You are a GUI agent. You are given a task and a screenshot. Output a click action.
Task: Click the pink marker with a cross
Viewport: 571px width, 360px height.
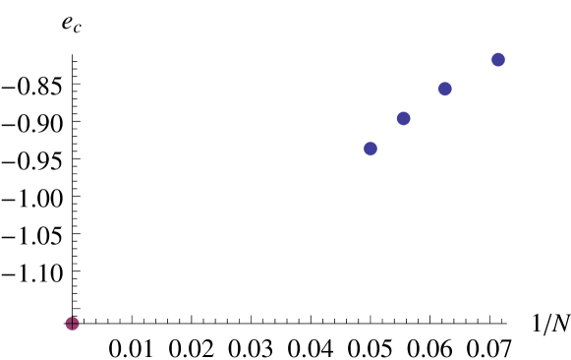(72, 323)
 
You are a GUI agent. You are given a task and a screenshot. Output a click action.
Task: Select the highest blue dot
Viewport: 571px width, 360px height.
(498, 60)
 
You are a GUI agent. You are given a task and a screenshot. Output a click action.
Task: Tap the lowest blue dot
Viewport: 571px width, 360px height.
(371, 149)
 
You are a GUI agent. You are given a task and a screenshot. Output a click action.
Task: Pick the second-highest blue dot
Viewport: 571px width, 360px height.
(445, 89)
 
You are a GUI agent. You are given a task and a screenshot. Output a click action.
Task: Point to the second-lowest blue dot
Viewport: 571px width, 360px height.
(403, 118)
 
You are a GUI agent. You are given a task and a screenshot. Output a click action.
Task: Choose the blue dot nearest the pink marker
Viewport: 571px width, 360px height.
(371, 149)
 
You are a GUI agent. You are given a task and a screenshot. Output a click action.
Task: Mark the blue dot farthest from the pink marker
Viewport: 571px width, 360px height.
(498, 60)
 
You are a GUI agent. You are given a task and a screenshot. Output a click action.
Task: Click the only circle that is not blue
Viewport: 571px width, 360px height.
(72, 323)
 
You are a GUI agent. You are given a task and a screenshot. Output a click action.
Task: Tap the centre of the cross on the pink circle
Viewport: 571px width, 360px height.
(72, 323)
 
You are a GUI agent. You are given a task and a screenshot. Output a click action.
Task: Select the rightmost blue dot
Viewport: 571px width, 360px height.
(498, 60)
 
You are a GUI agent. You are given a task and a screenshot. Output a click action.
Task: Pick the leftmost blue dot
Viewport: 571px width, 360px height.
(371, 149)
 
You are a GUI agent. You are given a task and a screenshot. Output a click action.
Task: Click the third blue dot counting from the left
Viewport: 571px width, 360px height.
(445, 89)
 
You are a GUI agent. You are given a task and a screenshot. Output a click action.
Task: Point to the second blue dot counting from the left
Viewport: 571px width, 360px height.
(403, 118)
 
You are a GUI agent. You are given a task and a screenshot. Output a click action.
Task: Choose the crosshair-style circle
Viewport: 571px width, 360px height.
(72, 323)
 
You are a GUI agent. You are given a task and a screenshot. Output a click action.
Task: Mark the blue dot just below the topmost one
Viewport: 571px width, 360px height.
(445, 89)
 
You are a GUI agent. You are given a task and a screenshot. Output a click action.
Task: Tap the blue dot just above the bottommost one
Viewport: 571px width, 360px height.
(403, 118)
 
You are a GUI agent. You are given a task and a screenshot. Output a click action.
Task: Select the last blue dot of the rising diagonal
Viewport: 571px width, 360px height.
(498, 60)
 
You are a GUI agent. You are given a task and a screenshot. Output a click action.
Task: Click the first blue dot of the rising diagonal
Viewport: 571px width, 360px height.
(371, 149)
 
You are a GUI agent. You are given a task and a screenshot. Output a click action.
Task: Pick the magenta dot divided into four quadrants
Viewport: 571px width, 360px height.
(72, 323)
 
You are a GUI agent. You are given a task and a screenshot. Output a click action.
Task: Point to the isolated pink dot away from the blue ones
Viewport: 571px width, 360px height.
(72, 323)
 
